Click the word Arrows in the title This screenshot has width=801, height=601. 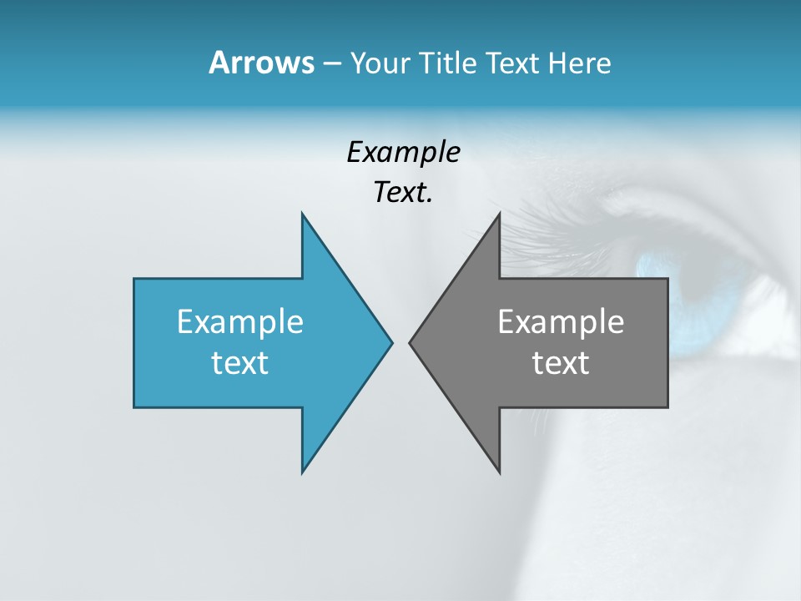(261, 63)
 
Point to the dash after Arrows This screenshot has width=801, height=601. (331, 64)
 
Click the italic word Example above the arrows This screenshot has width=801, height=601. (403, 152)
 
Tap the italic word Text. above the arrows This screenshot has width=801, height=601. (403, 193)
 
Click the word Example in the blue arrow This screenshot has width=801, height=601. (240, 321)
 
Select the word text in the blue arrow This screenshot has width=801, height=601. (240, 363)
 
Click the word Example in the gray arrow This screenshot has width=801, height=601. (561, 321)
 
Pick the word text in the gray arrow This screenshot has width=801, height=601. (561, 363)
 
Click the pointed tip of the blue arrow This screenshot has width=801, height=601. (391, 341)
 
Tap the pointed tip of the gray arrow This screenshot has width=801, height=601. (410, 341)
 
